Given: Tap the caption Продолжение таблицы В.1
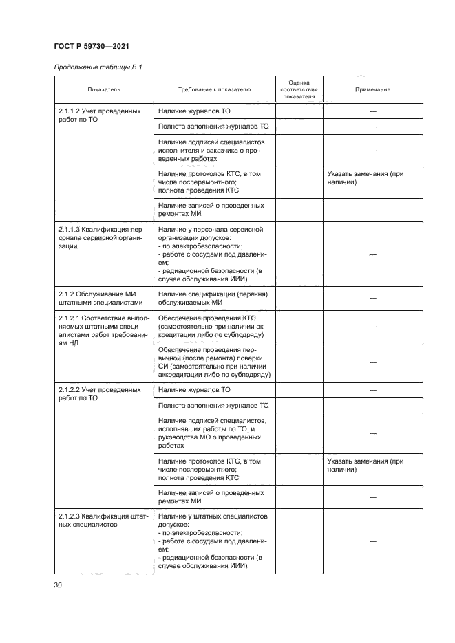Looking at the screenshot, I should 93,66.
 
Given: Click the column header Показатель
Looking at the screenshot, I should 104,90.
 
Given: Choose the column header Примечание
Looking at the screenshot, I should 372,90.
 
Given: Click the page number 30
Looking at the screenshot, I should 58,585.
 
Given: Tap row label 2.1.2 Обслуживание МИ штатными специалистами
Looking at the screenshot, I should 99,298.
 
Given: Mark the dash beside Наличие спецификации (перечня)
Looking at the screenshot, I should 372,298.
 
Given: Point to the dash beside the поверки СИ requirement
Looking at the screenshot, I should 372,362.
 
